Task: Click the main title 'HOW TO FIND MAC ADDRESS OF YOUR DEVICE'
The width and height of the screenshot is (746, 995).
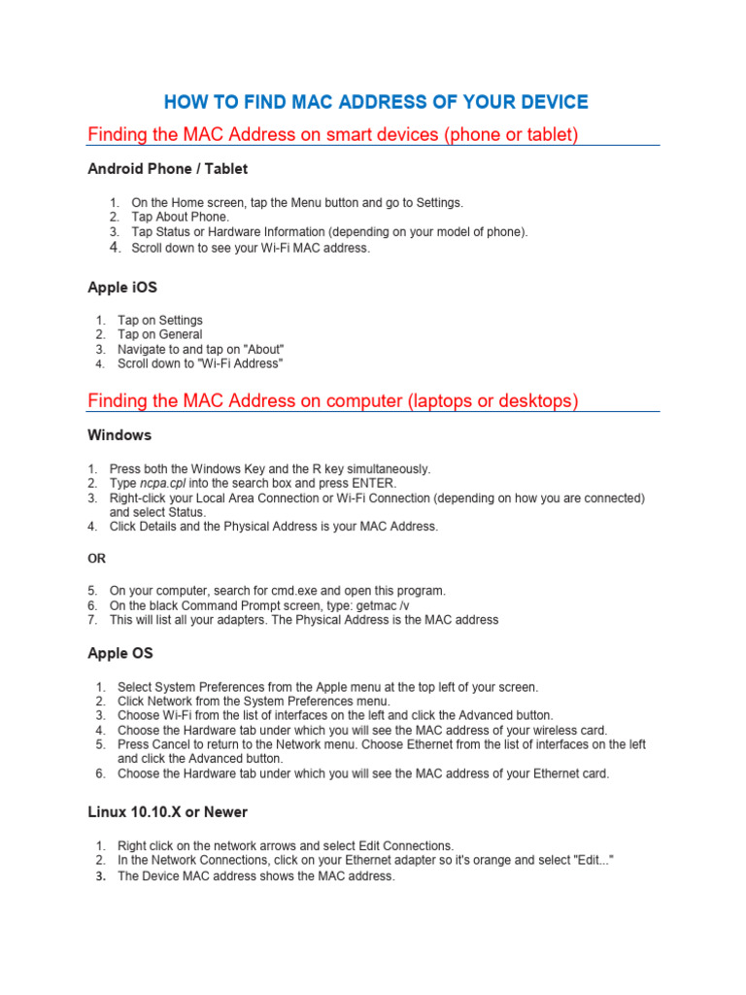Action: click(375, 102)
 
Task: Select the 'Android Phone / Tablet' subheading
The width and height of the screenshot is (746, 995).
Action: click(167, 169)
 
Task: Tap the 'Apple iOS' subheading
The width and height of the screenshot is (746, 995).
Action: click(121, 288)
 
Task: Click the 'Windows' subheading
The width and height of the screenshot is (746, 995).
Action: click(119, 435)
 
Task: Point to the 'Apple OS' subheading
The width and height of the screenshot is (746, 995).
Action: click(120, 654)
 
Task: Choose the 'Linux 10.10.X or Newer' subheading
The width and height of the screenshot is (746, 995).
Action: click(168, 812)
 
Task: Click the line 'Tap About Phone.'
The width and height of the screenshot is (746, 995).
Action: click(180, 218)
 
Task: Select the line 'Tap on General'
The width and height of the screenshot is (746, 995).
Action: click(159, 334)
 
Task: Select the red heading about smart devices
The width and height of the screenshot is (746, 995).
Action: click(333, 134)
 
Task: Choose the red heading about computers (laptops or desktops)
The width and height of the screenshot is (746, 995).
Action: click(333, 400)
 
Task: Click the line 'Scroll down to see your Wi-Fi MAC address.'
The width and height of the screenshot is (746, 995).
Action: click(251, 248)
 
